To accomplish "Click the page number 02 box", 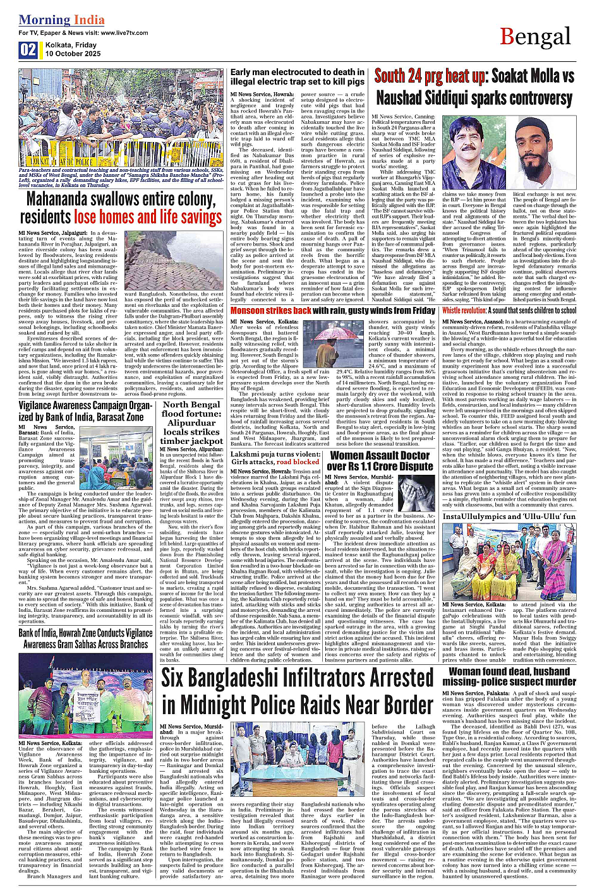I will point(28,50).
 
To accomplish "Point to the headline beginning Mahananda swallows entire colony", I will point(121,208).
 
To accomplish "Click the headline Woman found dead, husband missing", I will point(509,676).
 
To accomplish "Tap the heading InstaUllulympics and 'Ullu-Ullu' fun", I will point(509,516).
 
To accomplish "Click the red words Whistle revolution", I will point(464,311).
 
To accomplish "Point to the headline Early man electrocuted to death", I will point(297,76).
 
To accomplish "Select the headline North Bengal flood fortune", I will point(191,422).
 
